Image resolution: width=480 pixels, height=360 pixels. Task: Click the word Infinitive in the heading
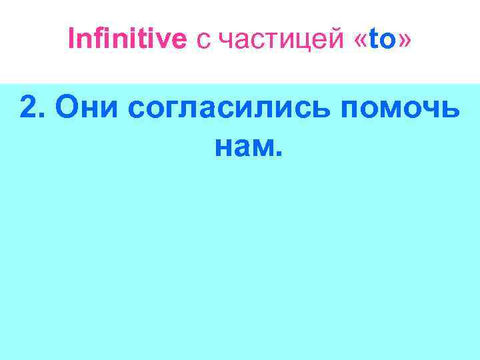pyautogui.click(x=127, y=40)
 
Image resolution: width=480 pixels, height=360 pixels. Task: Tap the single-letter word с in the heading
pyautogui.click(x=202, y=43)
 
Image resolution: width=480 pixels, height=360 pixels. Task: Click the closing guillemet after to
pyautogui.click(x=403, y=43)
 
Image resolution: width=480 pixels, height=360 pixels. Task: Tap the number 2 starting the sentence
pyautogui.click(x=28, y=107)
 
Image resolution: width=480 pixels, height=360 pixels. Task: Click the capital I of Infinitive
pyautogui.click(x=71, y=40)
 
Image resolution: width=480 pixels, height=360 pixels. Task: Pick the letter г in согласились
pyautogui.click(x=166, y=111)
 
